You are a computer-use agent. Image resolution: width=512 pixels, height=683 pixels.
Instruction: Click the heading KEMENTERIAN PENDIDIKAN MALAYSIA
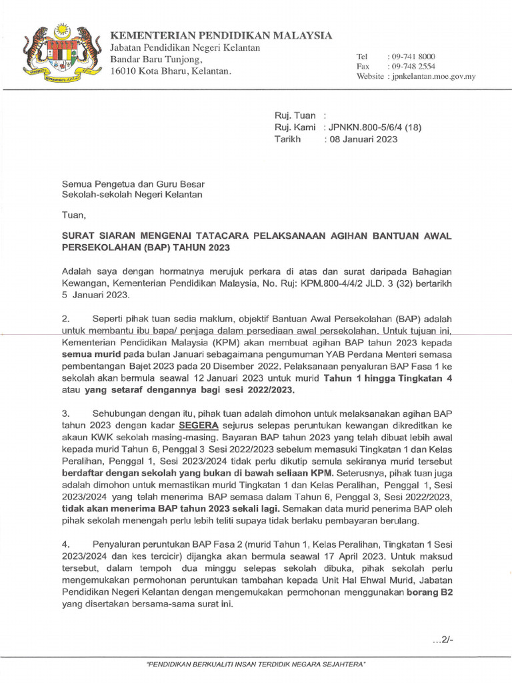pyautogui.click(x=221, y=35)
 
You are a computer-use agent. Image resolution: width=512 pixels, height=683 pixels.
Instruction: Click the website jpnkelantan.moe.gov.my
pyautogui.click(x=433, y=77)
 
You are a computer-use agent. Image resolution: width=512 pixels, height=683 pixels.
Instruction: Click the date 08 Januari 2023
pyautogui.click(x=361, y=139)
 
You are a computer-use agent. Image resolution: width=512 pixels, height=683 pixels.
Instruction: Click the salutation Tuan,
pyautogui.click(x=74, y=215)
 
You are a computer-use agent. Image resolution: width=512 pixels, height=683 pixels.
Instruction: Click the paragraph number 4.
pyautogui.click(x=65, y=544)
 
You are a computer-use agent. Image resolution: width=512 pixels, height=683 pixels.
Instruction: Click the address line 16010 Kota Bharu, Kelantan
pyautogui.click(x=171, y=71)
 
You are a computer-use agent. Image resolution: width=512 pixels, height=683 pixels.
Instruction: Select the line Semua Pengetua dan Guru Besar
pyautogui.click(x=133, y=183)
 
